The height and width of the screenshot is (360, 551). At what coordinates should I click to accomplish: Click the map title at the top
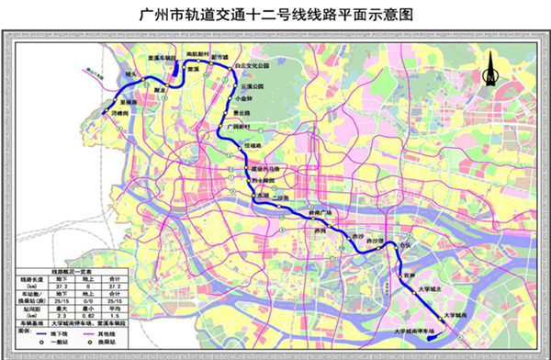(x=275, y=15)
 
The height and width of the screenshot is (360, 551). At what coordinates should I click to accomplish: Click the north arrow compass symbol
(x=492, y=66)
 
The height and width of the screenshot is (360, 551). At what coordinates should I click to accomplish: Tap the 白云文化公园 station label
(x=252, y=67)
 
